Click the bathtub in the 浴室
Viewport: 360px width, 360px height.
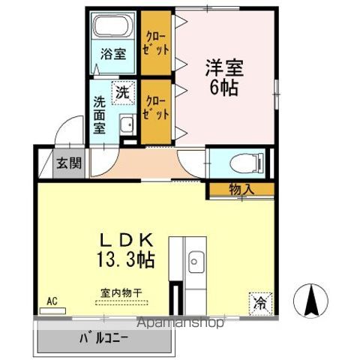click(114, 25)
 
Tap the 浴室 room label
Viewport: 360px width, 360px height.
click(113, 53)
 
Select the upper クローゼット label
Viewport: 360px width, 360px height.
click(155, 43)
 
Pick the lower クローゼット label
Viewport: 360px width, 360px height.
click(155, 108)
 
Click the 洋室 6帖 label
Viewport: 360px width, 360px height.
click(224, 77)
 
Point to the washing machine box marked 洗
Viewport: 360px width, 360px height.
click(123, 92)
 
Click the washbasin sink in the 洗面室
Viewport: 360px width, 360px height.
click(127, 124)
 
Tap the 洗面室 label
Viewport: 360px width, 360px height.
click(99, 115)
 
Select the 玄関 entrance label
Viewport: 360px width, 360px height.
click(69, 163)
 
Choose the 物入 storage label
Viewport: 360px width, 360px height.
click(241, 190)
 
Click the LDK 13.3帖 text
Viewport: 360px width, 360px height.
click(126, 250)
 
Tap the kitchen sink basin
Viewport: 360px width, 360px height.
click(196, 262)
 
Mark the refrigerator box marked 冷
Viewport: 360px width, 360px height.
click(260, 304)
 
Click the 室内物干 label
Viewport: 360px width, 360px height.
click(121, 293)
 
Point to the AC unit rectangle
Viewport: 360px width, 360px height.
click(52, 310)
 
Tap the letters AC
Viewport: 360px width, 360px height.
click(52, 301)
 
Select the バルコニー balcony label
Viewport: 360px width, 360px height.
click(103, 338)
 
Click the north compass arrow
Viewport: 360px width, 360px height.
click(311, 301)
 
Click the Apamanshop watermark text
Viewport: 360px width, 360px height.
click(181, 322)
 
